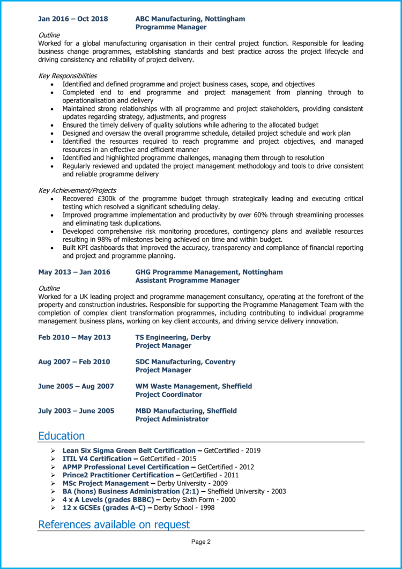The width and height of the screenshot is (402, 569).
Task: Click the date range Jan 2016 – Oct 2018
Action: click(x=73, y=19)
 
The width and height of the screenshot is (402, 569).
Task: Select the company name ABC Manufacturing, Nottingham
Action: click(x=190, y=19)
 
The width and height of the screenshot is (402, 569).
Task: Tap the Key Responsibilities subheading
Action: click(x=68, y=76)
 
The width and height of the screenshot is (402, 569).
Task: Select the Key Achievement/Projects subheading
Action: click(x=77, y=190)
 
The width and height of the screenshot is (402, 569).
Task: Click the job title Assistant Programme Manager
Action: click(x=187, y=280)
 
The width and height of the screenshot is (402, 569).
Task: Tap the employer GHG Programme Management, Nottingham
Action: click(x=209, y=272)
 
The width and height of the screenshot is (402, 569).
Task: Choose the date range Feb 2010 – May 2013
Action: click(x=75, y=337)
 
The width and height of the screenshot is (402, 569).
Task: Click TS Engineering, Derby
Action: click(x=173, y=337)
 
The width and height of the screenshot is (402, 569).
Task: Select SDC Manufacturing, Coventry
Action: click(x=185, y=362)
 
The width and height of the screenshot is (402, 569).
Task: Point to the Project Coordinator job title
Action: click(x=168, y=395)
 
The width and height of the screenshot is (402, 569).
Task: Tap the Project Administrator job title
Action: click(x=172, y=419)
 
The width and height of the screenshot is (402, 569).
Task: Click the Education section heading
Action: click(x=61, y=436)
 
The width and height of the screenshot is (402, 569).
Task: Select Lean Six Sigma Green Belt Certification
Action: click(x=129, y=450)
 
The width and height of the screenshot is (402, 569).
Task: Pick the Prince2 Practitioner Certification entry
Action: click(x=118, y=475)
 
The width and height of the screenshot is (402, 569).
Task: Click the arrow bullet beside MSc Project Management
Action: click(x=53, y=483)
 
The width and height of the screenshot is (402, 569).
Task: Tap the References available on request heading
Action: click(x=114, y=524)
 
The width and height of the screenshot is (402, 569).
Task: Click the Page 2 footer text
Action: click(x=201, y=542)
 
